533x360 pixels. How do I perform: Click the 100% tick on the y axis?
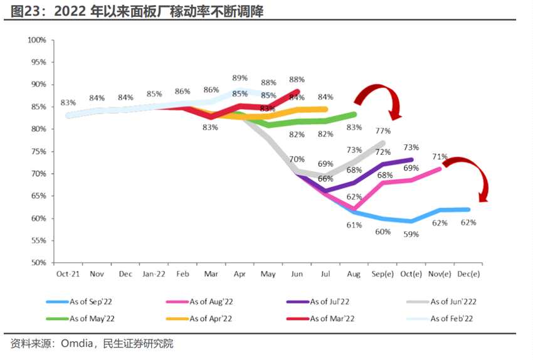pyautogui.click(x=37, y=40)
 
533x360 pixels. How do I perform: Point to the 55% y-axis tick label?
pyautogui.click(x=38, y=241)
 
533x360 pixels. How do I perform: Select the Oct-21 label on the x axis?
pyautogui.click(x=67, y=273)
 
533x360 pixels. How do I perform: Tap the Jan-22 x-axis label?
pyautogui.click(x=153, y=273)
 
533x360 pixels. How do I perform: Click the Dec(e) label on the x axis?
pyautogui.click(x=468, y=273)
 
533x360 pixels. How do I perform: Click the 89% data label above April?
pyautogui.click(x=240, y=78)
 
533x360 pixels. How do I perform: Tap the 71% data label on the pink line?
pyautogui.click(x=440, y=157)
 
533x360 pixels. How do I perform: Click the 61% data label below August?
pyautogui.click(x=354, y=225)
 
